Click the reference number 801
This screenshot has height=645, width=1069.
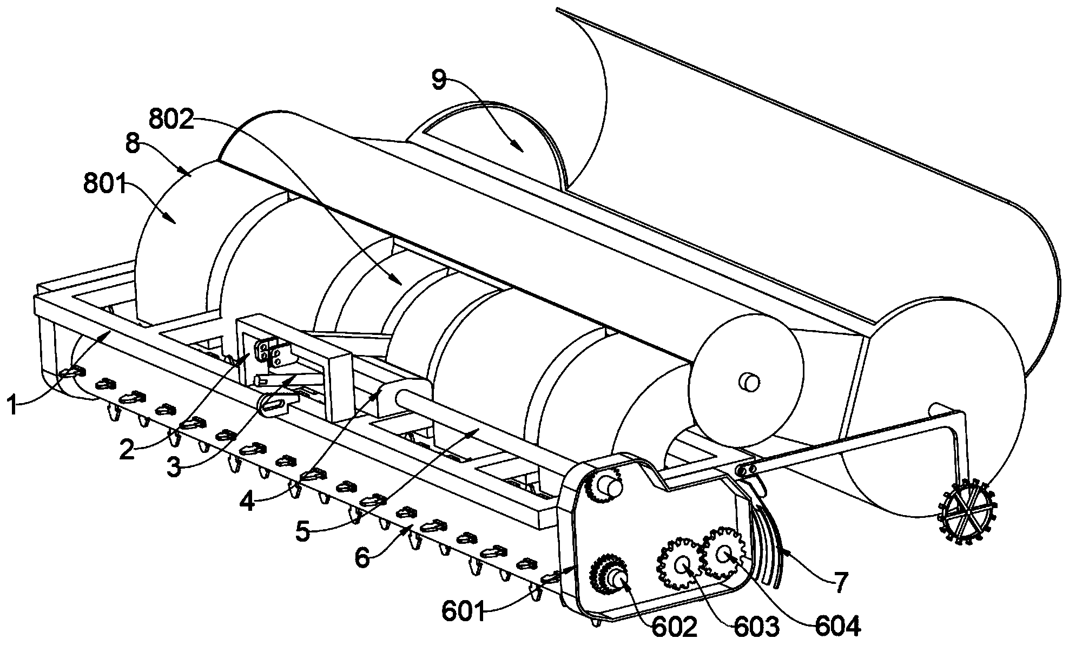[x=104, y=186]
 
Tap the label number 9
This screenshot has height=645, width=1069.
[x=439, y=80]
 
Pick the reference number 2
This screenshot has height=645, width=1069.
[x=127, y=450]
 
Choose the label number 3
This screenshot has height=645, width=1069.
[x=173, y=468]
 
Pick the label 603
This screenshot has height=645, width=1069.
[x=757, y=626]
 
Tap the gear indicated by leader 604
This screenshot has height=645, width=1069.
[x=724, y=552]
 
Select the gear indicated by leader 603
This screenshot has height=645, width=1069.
[x=681, y=563]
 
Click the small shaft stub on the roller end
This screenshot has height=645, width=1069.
[x=749, y=381]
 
